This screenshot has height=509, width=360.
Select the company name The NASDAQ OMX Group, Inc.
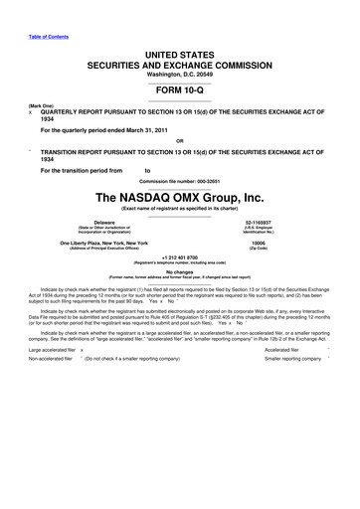pyautogui.click(x=180, y=195)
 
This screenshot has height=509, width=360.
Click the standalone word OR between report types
pyautogui.click(x=179, y=139)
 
